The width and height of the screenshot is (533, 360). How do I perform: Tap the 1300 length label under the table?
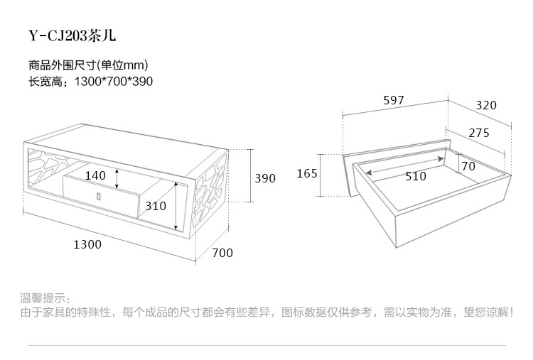tap(87, 244)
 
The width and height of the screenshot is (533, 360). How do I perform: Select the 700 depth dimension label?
tap(222, 252)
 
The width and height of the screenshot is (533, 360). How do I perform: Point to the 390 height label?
tap(264, 178)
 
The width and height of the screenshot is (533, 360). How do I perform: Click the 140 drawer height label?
tap(95, 175)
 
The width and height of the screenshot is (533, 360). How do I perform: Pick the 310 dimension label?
tap(155, 206)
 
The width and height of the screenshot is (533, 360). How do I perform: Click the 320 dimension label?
tap(486, 105)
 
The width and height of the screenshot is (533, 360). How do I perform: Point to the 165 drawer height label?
tap(307, 173)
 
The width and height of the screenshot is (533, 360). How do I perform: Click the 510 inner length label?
tap(416, 176)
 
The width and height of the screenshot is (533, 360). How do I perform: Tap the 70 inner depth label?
tap(468, 166)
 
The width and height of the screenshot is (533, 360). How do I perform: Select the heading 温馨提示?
tap(44, 297)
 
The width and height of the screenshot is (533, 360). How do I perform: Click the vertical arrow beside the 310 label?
tap(175, 206)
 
